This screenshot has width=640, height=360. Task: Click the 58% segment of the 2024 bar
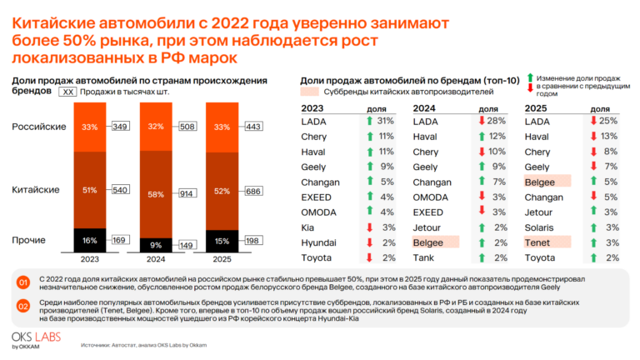tap(156, 194)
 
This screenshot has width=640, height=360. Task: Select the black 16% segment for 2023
tap(90, 240)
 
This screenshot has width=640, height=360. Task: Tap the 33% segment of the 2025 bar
tap(222, 127)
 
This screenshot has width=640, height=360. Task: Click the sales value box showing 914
tap(187, 193)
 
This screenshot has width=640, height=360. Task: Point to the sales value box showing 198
tap(253, 240)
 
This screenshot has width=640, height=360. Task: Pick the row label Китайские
tap(36, 190)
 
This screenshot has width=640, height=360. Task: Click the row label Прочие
tap(28, 240)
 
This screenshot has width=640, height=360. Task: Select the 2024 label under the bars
tap(156, 259)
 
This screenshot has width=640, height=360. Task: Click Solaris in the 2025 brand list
tap(539, 227)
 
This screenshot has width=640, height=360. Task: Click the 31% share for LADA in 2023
tap(385, 121)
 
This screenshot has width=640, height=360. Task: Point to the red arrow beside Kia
tap(369, 227)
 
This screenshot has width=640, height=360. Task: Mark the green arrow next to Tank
tap(482, 258)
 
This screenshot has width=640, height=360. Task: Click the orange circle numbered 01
tap(23, 282)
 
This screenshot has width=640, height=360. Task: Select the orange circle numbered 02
tap(23, 306)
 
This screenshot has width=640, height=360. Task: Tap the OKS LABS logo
tap(37, 340)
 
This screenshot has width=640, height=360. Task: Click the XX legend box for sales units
tap(67, 92)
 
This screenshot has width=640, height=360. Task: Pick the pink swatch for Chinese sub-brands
tap(309, 92)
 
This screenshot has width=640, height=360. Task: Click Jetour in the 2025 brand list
tap(538, 212)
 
